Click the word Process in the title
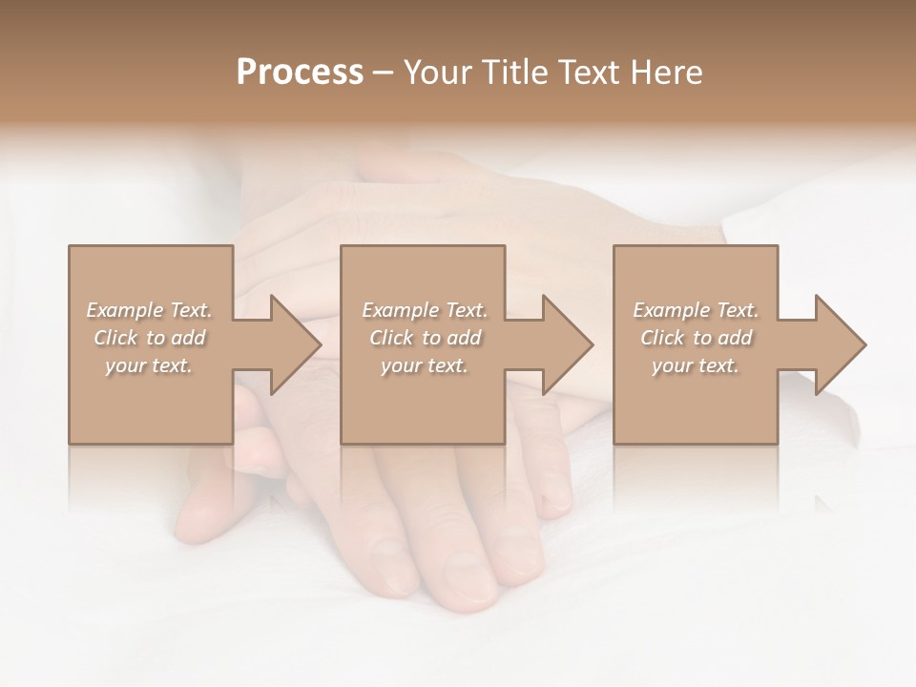point(300,73)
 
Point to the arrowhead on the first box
point(291,344)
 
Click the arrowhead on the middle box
point(563,344)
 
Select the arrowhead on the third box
point(836,344)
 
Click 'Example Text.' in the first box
point(149,310)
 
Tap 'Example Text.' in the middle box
point(425,310)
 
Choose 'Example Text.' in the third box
point(696,310)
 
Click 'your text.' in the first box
point(149,365)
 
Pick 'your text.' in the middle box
point(425,365)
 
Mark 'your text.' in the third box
point(696,365)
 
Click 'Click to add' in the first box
point(149,338)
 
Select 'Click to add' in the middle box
point(425,338)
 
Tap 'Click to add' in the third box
point(696,338)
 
